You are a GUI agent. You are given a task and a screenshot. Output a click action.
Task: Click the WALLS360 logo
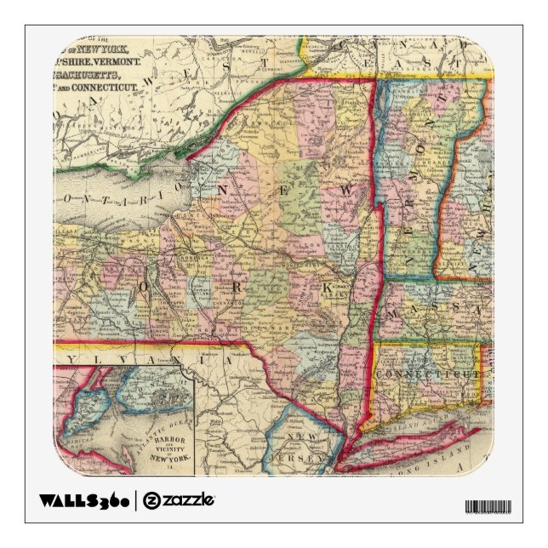[x=84, y=499]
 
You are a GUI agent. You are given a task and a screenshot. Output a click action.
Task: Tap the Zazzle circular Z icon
[x=151, y=499]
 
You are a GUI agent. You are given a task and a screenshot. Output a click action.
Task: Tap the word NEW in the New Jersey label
[x=304, y=438]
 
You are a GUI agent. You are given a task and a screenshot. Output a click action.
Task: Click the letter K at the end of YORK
[x=326, y=288]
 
